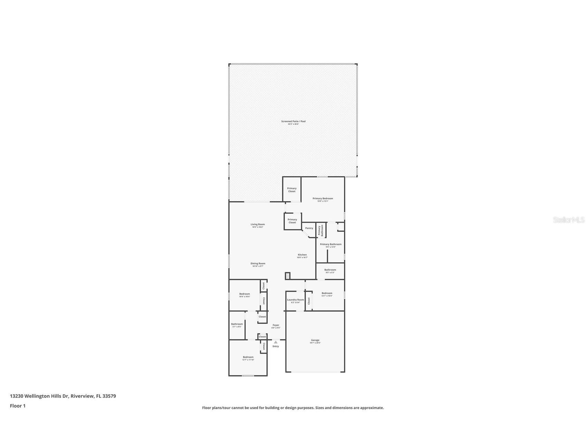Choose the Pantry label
pyautogui.click(x=309, y=228)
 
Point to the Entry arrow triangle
pyautogui.click(x=276, y=342)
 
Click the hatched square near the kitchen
pyautogui.click(x=287, y=276)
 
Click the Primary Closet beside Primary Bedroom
pyautogui.click(x=292, y=190)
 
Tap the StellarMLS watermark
pyautogui.click(x=568, y=220)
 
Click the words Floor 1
pyautogui.click(x=18, y=406)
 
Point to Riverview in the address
pyautogui.click(x=82, y=396)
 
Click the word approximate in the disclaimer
pyautogui.click(x=372, y=408)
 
